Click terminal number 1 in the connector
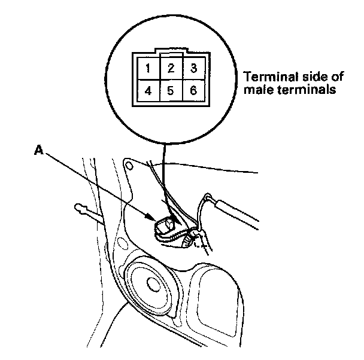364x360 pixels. [x=147, y=68]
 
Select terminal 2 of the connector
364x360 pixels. [x=171, y=68]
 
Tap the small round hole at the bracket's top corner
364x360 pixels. [x=127, y=162]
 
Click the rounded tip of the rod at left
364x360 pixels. [x=78, y=208]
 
